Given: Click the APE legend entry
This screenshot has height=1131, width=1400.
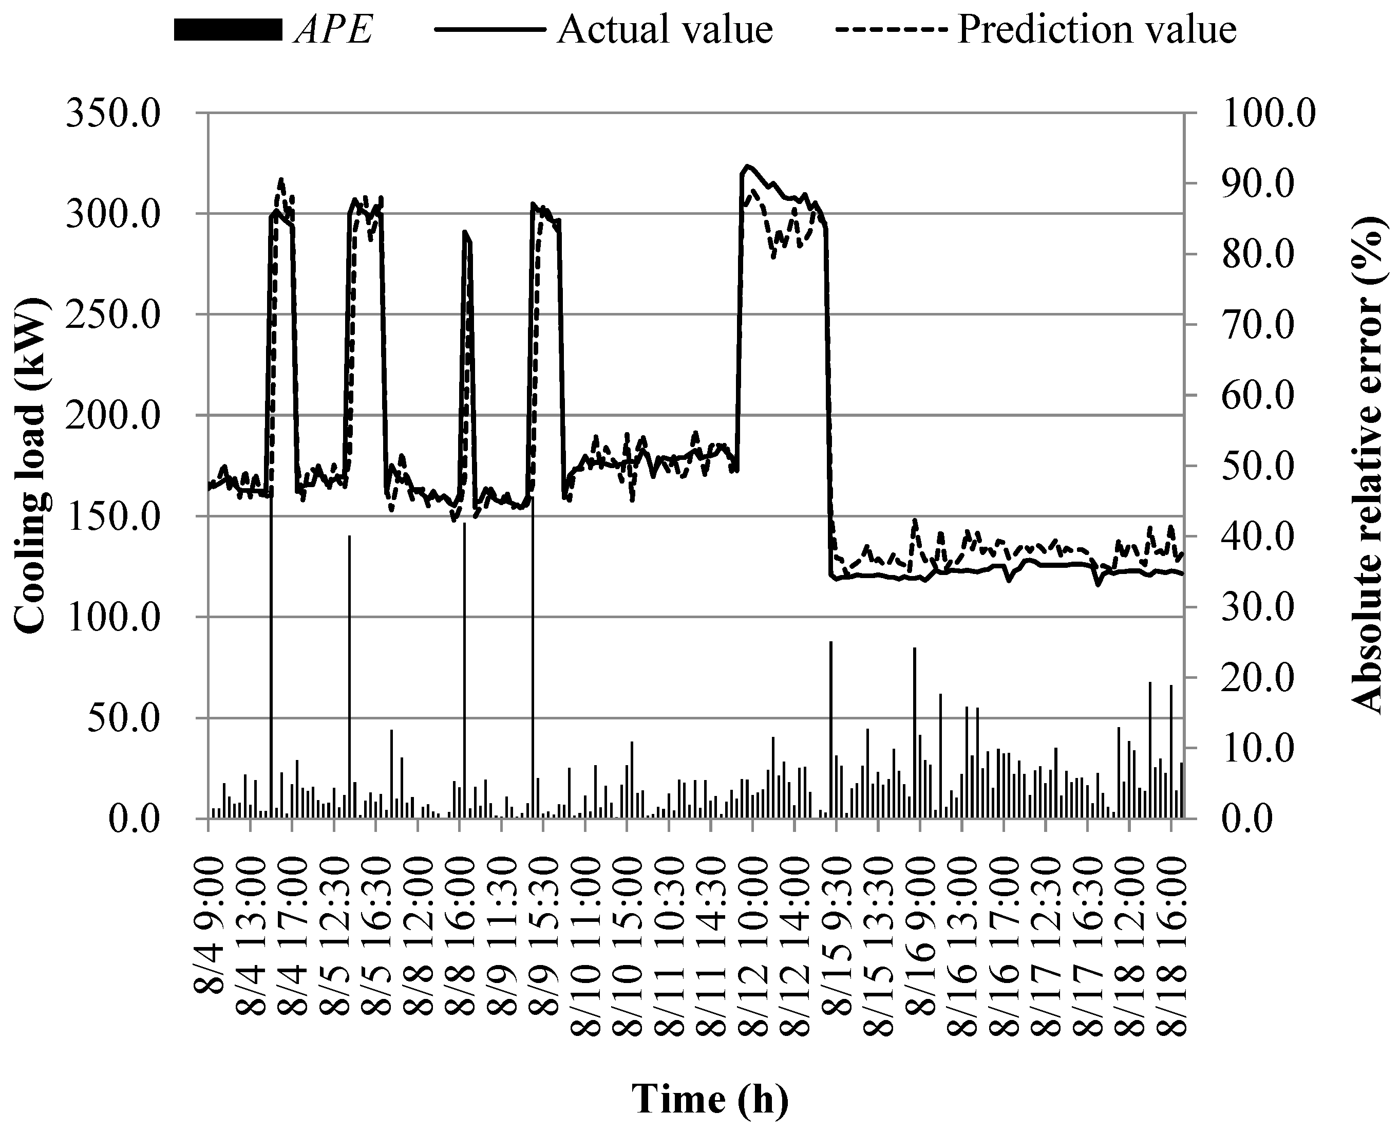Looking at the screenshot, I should pyautogui.click(x=333, y=30).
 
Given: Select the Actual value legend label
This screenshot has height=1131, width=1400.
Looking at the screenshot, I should pyautogui.click(x=664, y=30).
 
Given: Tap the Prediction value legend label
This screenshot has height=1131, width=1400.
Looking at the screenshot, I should pyautogui.click(x=1096, y=30).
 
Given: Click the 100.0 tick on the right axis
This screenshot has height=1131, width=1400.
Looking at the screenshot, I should pyautogui.click(x=1269, y=114).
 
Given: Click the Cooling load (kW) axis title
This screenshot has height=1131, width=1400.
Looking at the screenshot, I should pyautogui.click(x=31, y=465).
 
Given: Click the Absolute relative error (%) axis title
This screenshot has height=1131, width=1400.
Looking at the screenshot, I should pyautogui.click(x=1366, y=465).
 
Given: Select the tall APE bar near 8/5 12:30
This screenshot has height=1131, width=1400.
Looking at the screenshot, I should pyautogui.click(x=349, y=652).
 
